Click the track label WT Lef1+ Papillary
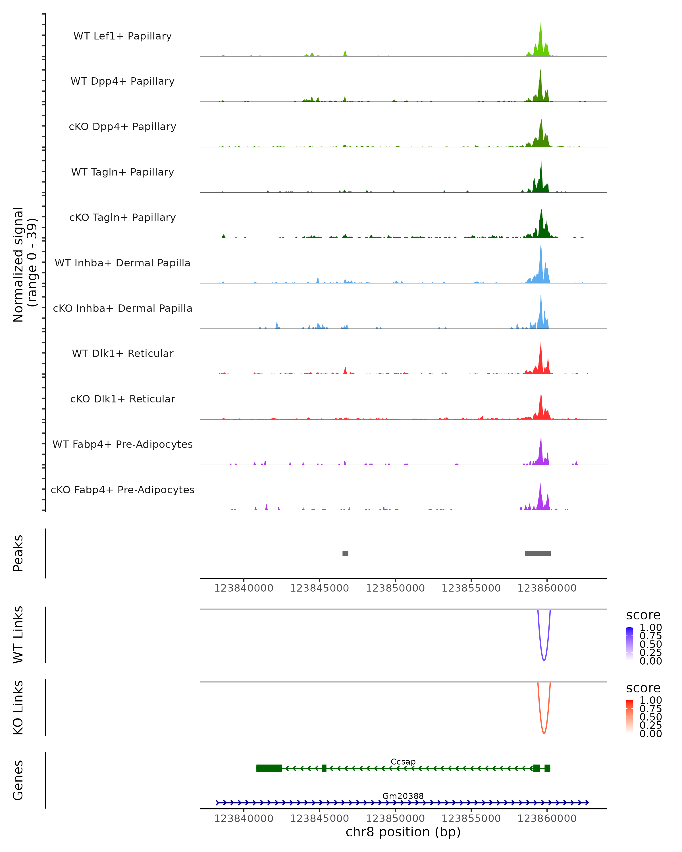pos(122,36)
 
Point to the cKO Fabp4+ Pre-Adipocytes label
pos(122,490)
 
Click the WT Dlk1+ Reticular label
pos(122,353)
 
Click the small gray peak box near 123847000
pos(345,553)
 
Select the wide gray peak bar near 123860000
pos(537,553)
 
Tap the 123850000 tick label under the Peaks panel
pos(395,588)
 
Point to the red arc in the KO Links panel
pos(544,732)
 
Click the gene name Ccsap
pos(403,761)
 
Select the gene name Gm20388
pos(403,796)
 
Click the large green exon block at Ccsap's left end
pos(269,768)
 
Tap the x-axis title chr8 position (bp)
pos(403,832)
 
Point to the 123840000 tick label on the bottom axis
pos(244,818)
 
